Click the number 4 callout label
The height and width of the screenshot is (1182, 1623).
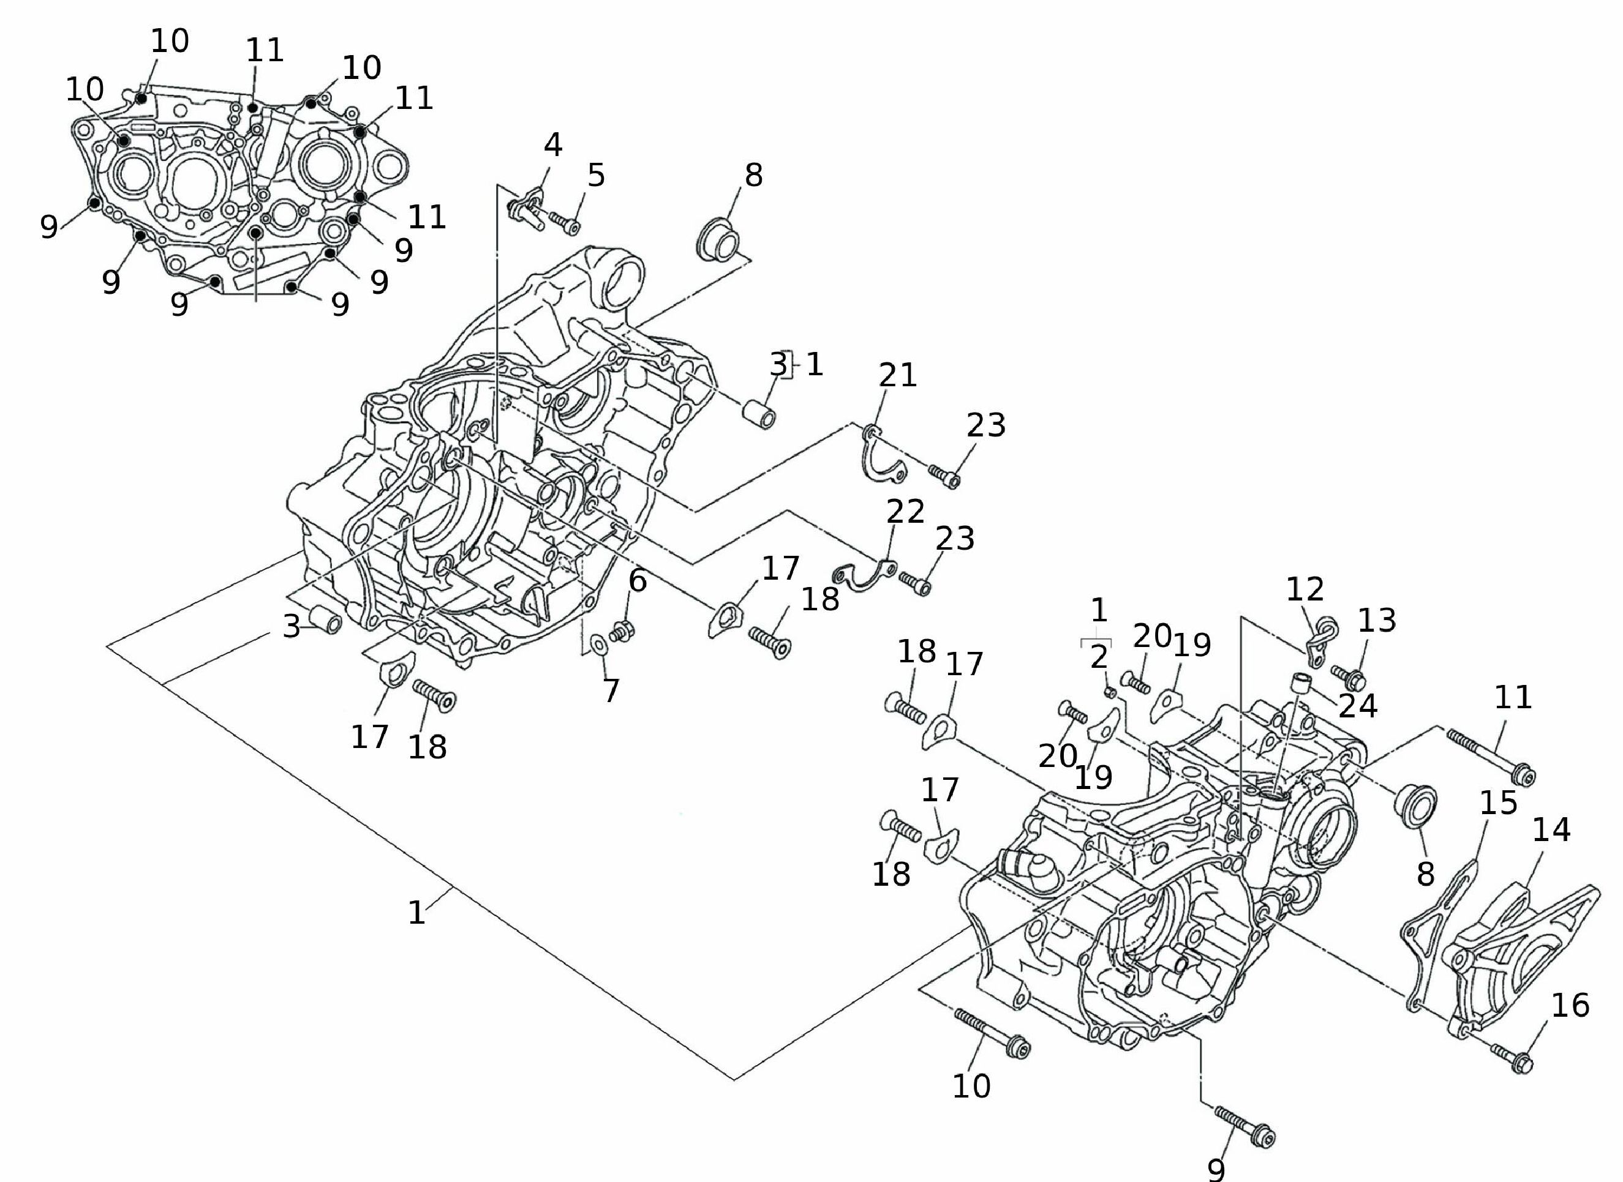(552, 145)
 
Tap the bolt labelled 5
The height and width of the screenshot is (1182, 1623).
(564, 223)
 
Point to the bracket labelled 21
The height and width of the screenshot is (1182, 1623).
(881, 455)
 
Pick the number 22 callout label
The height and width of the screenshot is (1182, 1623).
(906, 512)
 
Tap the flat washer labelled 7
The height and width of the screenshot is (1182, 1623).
(598, 644)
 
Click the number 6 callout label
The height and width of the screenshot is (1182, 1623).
(637, 581)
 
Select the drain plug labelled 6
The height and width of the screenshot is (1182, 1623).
(622, 632)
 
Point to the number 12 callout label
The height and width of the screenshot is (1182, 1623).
(1305, 589)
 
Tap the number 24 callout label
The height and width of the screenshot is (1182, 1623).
(1358, 706)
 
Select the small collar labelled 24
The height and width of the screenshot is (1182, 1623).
(1301, 683)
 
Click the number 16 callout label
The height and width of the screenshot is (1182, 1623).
(1570, 1006)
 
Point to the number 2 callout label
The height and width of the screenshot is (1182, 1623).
(1099, 657)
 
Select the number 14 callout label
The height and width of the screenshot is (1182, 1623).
(1551, 830)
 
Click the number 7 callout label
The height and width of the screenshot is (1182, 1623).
(611, 691)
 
